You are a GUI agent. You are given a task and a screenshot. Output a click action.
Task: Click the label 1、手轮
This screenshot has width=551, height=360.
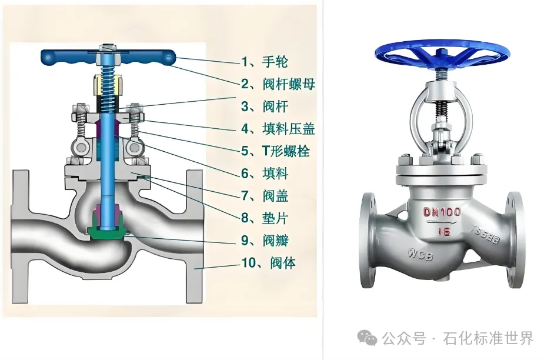point(265,61)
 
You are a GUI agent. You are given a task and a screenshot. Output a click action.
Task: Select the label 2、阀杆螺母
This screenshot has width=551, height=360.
point(278,84)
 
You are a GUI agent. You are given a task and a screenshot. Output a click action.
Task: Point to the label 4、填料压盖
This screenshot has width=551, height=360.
point(278,129)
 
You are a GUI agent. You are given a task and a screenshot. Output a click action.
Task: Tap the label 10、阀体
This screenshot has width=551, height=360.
point(268,263)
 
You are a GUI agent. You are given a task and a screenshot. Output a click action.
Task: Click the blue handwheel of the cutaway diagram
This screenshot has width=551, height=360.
point(65,56)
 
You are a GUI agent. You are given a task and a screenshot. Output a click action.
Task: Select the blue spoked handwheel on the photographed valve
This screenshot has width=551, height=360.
point(441,54)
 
